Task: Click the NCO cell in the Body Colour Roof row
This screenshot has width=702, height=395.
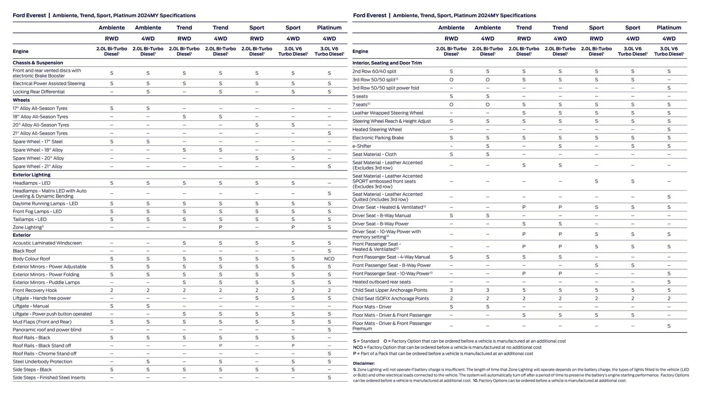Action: (x=329, y=259)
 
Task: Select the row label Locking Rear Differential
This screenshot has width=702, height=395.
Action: (x=38, y=92)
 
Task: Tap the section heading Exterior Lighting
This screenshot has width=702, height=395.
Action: (x=31, y=175)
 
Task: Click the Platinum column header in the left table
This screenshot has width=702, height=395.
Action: (x=329, y=27)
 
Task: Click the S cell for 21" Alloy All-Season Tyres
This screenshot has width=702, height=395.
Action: (x=329, y=133)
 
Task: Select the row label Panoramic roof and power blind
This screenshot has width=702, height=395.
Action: (x=47, y=330)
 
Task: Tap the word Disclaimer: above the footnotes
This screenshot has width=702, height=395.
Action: (x=363, y=363)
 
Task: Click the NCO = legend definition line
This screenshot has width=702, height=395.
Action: (x=447, y=347)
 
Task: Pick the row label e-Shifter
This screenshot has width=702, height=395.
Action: (x=361, y=146)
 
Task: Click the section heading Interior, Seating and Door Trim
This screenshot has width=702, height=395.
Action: (x=387, y=63)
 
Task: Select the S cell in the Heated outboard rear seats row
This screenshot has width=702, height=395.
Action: (x=668, y=282)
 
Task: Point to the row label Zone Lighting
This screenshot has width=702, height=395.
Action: (x=27, y=227)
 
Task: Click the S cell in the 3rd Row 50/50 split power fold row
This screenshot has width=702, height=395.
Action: (x=668, y=88)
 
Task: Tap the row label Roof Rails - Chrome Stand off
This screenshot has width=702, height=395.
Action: (x=44, y=354)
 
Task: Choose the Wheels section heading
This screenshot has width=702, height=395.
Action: (x=21, y=100)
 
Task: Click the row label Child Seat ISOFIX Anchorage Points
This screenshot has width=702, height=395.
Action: (x=390, y=298)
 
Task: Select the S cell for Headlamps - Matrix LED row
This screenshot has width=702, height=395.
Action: (x=329, y=193)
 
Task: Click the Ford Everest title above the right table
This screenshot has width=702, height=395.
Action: (x=369, y=15)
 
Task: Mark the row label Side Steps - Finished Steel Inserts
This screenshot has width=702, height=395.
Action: (x=49, y=377)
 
